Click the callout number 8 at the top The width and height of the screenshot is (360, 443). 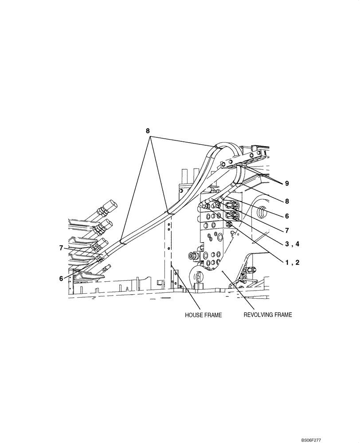(x=148, y=131)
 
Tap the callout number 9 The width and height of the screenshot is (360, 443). (x=287, y=183)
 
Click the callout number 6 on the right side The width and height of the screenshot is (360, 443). (x=287, y=216)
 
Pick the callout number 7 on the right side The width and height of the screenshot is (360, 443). (x=287, y=230)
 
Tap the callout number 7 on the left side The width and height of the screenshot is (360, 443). (x=62, y=248)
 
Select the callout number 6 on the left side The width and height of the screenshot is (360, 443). (x=62, y=278)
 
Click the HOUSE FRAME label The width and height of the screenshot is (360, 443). (x=203, y=315)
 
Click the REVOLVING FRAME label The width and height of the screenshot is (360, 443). (x=268, y=315)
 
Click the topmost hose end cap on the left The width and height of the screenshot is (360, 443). (x=110, y=206)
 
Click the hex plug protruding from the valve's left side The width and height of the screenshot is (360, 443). (x=192, y=256)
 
